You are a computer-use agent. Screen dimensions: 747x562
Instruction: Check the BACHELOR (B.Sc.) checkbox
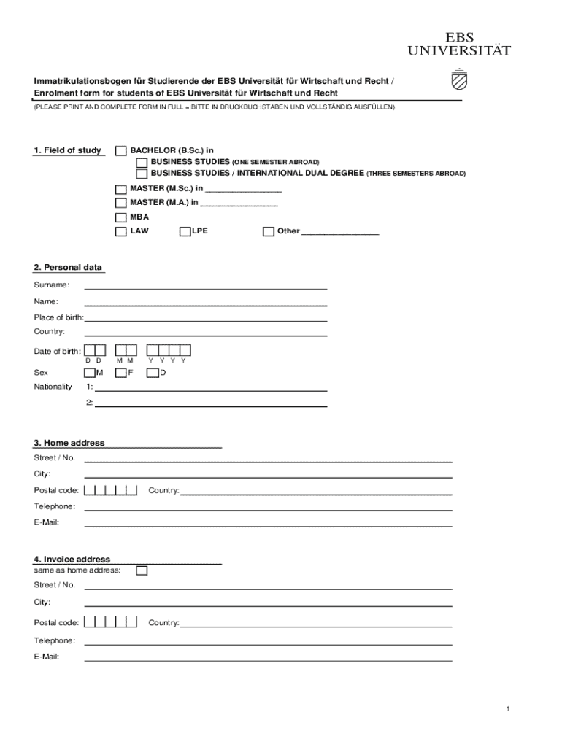point(120,150)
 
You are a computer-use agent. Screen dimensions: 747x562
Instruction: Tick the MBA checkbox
point(120,217)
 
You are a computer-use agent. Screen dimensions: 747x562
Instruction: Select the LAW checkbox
point(120,231)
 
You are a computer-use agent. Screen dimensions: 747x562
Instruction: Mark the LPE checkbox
point(185,231)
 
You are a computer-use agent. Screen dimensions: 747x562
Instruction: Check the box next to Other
point(269,231)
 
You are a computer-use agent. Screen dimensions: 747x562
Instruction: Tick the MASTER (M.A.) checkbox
point(120,203)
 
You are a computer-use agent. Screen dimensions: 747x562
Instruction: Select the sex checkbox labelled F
point(121,373)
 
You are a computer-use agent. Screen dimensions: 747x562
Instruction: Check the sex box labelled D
point(153,373)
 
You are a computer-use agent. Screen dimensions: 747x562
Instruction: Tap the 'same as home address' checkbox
point(142,570)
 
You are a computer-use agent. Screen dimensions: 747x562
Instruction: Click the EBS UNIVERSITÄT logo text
point(458,44)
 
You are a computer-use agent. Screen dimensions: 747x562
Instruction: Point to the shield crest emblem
point(459,79)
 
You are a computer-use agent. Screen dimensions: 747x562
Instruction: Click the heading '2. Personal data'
point(68,268)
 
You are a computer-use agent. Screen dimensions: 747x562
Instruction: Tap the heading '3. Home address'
point(69,443)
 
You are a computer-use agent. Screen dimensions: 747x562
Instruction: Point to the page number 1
point(507,709)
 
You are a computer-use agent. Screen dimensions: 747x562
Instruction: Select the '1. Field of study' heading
point(67,150)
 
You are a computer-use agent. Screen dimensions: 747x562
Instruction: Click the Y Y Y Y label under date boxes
point(168,360)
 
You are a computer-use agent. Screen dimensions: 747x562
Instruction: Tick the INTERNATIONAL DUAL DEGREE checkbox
point(142,174)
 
